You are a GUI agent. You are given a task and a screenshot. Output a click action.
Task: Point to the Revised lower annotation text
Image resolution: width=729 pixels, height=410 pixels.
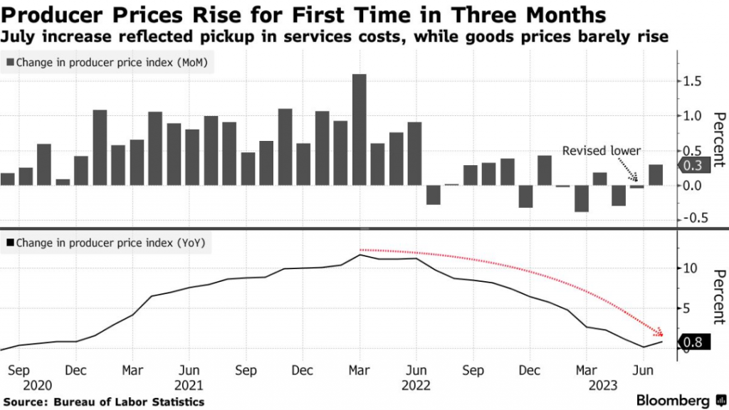point(602,151)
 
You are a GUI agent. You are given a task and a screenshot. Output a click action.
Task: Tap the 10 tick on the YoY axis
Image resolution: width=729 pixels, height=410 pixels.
point(688,268)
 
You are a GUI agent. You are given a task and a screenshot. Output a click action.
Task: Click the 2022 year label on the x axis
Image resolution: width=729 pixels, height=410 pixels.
point(416,385)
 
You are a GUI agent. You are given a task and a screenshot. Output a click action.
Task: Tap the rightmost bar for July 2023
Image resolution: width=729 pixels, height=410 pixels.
point(656,175)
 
